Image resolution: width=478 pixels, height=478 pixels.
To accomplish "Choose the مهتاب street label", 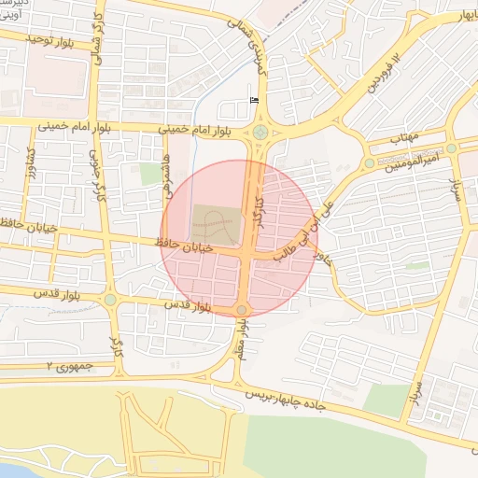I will point(403,137).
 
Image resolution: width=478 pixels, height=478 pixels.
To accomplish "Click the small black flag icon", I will point(255,100).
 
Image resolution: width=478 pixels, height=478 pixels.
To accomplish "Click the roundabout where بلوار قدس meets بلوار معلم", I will point(242,310).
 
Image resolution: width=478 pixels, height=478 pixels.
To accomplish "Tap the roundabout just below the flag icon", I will point(259,133).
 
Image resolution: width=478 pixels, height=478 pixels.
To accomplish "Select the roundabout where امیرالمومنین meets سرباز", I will point(451,148).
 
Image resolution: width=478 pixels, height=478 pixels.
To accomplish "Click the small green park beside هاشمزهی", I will point(150,174).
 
